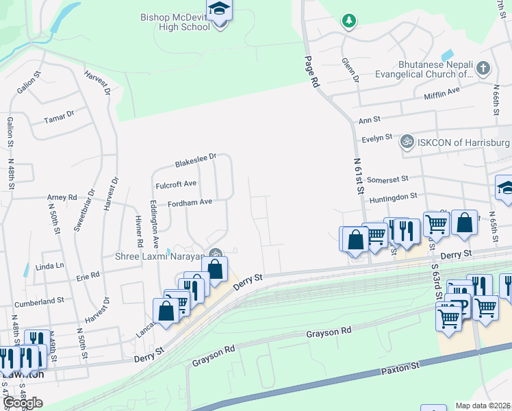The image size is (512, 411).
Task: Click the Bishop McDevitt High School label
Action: coord(175,22)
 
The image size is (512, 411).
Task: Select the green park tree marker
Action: coord(349,21)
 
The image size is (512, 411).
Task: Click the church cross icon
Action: coord(483,68)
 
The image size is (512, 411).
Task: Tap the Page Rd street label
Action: coord(311,71)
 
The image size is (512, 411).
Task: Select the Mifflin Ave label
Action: coord(441,97)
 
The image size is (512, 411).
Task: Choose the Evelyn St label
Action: coord(376,138)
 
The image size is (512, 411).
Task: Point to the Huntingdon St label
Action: coord(393,197)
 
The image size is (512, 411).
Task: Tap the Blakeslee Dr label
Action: coord(195,160)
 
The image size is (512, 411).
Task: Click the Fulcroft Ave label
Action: coord(176,184)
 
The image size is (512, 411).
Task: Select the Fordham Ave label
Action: coord(190,202)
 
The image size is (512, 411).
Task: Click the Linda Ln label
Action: coord(49,265)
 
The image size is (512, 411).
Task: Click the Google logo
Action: coord(23,403)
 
